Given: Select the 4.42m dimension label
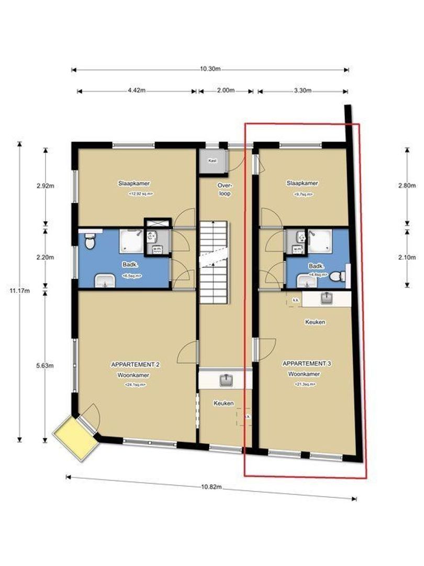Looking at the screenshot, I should point(137,91).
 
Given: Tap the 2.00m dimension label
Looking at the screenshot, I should point(226,91).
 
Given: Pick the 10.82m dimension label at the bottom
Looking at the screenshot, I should point(211,487).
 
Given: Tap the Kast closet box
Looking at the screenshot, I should point(213,161).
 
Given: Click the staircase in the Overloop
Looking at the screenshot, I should point(214,262).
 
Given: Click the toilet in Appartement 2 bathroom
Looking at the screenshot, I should point(90,243).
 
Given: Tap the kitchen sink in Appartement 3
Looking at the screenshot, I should point(327,299).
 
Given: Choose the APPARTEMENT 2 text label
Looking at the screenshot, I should point(135,364).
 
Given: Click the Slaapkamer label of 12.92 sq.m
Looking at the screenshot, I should point(135,183).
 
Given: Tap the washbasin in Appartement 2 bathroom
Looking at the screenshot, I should point(106,281).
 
